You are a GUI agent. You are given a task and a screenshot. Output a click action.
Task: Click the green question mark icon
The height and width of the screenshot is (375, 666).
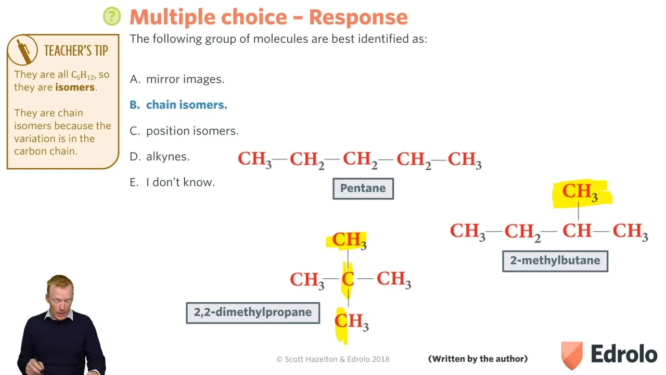click(x=112, y=16)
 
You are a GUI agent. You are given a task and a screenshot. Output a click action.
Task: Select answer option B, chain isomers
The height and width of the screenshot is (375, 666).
click(x=178, y=105)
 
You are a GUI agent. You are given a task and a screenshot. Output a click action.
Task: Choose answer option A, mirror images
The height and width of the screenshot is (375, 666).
click(x=177, y=79)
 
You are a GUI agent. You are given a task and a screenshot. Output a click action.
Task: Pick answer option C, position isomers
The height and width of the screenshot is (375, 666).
click(x=184, y=131)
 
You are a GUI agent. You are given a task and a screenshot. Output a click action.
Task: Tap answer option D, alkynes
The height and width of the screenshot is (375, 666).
click(x=160, y=157)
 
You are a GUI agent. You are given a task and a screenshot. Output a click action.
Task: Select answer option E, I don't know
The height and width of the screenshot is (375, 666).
click(x=172, y=182)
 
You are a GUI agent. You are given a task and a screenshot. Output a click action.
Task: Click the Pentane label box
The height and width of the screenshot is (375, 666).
click(x=363, y=189)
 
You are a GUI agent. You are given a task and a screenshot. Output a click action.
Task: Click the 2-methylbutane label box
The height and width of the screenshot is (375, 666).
click(x=555, y=261)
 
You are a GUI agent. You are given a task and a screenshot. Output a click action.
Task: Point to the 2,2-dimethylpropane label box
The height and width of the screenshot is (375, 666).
click(x=253, y=312)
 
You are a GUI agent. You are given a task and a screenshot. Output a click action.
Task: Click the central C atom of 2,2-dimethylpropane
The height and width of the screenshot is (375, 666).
click(x=348, y=279)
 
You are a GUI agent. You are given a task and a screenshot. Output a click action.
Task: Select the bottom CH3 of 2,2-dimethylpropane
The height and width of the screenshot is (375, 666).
click(x=351, y=322)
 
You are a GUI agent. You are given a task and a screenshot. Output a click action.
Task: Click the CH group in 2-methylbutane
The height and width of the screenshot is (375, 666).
click(x=577, y=231)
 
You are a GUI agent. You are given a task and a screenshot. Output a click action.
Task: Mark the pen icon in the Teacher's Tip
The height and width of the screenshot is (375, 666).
click(x=23, y=51)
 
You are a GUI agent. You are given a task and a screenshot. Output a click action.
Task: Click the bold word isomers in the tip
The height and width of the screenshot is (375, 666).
click(x=75, y=87)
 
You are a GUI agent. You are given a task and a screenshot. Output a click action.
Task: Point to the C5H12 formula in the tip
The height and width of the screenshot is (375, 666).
click(x=84, y=74)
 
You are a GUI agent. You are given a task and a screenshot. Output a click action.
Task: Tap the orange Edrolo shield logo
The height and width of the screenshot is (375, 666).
click(x=571, y=355)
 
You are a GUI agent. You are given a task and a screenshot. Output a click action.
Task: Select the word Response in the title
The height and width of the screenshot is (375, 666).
click(x=358, y=17)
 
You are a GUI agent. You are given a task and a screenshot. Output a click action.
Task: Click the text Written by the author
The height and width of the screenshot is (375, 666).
click(x=478, y=359)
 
